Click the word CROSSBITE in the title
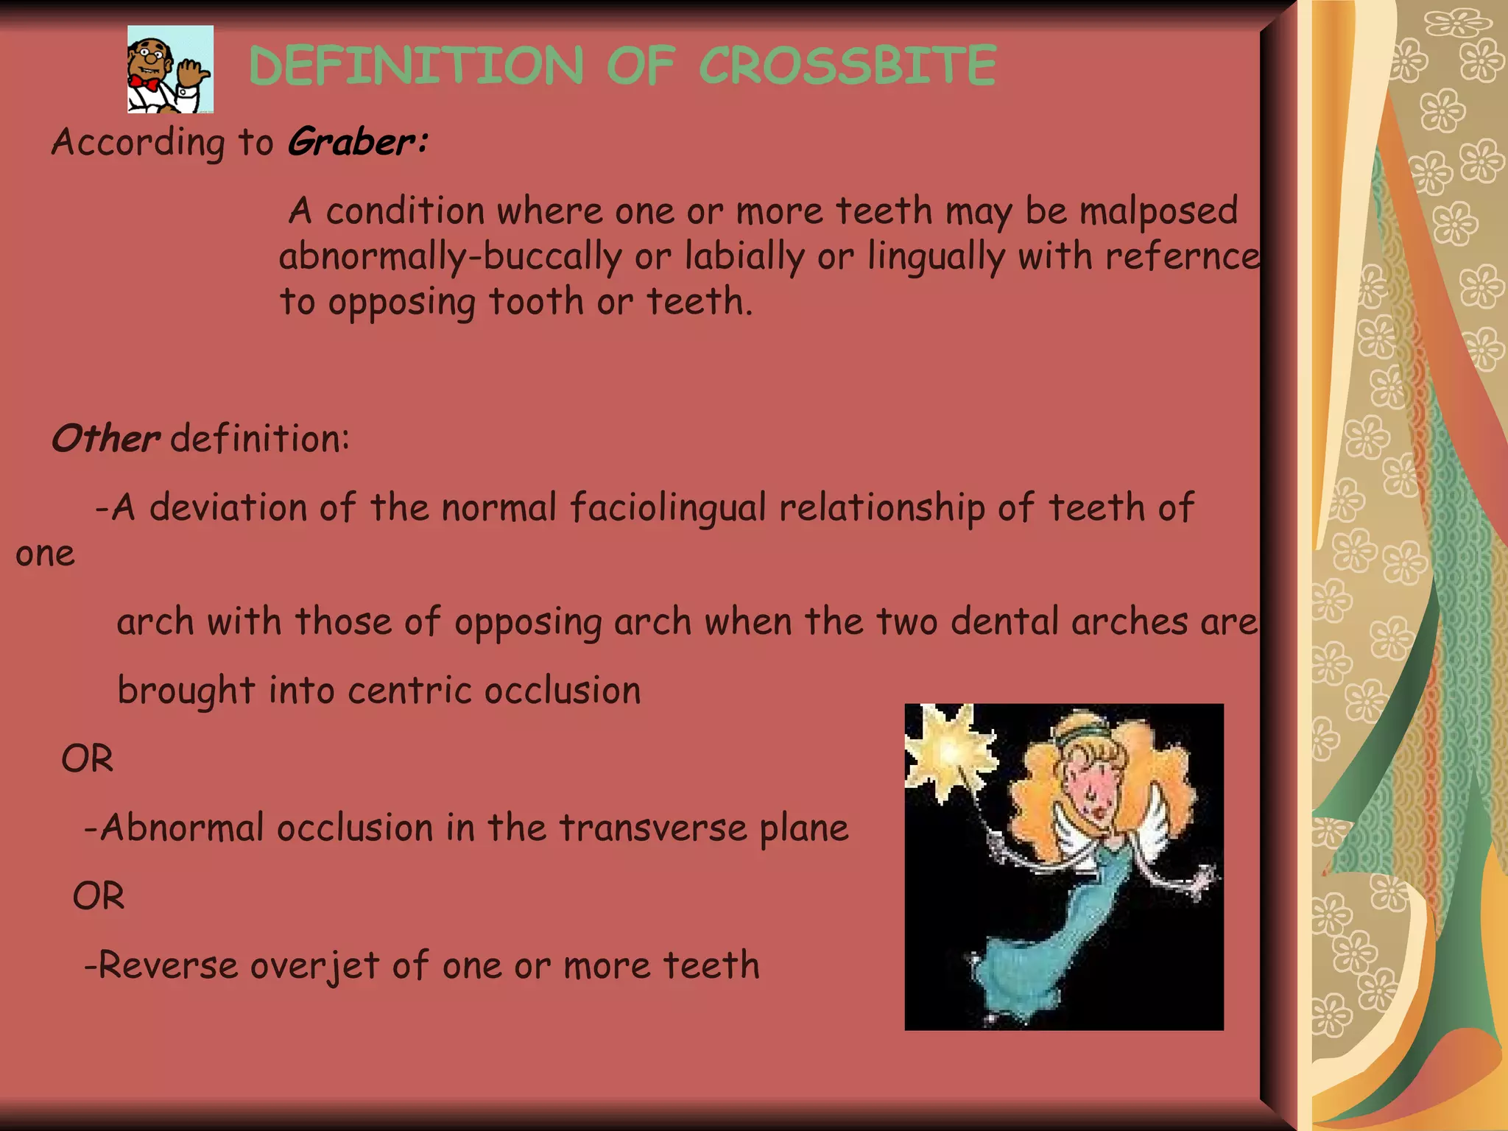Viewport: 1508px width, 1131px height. pyautogui.click(x=847, y=66)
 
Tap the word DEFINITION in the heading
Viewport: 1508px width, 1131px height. pyautogui.click(x=417, y=66)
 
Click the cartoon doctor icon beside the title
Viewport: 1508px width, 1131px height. pyautogui.click(x=170, y=69)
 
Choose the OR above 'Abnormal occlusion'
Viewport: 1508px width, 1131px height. pyautogui.click(x=88, y=758)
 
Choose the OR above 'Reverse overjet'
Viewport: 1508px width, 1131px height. pyautogui.click(x=99, y=896)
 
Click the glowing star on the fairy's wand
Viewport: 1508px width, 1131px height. pyautogui.click(x=948, y=750)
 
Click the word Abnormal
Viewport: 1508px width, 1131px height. pyautogui.click(x=181, y=828)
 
